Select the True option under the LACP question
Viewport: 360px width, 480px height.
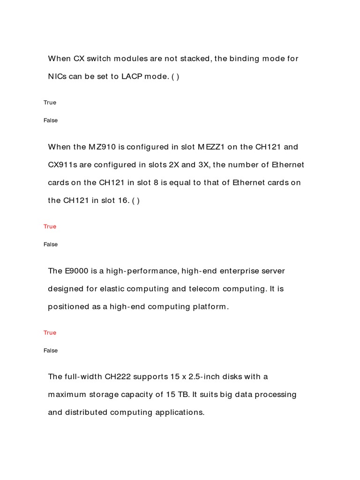[50, 103]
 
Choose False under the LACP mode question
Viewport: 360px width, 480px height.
[51, 120]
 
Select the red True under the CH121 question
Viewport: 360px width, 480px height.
[50, 226]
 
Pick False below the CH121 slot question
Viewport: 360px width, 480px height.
[51, 244]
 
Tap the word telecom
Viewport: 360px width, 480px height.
[204, 289]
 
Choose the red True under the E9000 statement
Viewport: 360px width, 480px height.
[50, 333]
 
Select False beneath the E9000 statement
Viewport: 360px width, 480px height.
[51, 351]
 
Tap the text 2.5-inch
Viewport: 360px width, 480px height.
[207, 376]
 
